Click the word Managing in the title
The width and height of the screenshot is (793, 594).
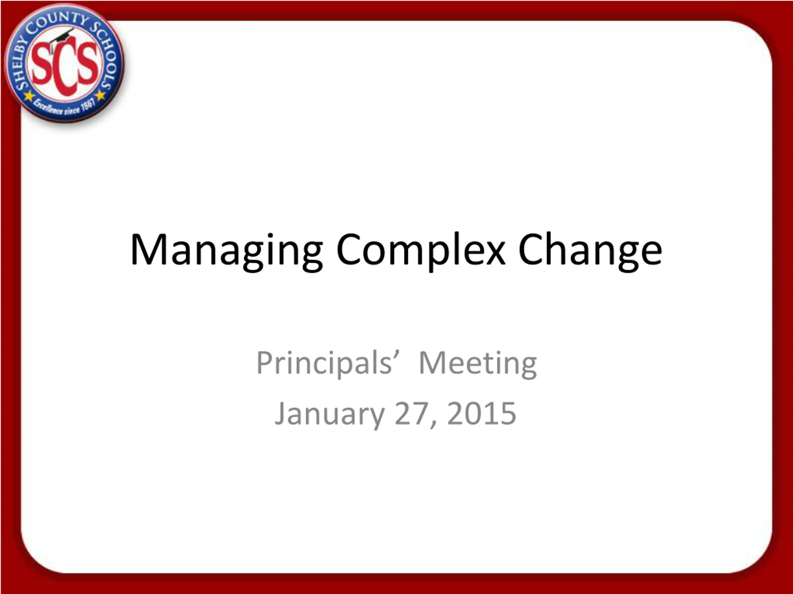226,251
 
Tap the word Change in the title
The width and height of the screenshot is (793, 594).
590,250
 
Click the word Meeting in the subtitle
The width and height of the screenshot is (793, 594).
478,364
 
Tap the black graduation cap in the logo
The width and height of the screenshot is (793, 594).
62,38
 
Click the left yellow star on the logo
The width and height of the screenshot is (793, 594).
29,96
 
